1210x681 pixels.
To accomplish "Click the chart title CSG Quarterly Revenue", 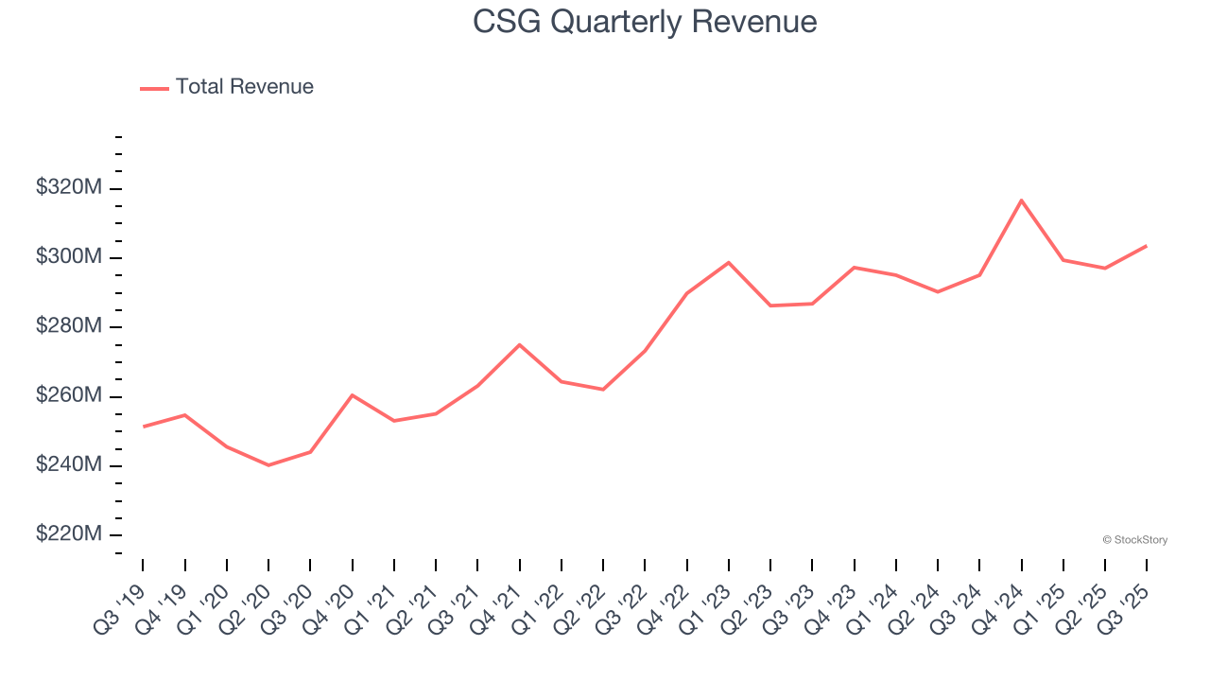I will pos(645,22).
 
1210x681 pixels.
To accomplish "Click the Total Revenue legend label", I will pos(244,87).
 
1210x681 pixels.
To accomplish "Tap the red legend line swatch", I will pos(155,88).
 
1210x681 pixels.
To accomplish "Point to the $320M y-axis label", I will pos(68,188).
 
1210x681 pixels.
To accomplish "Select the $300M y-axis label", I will pos(68,257).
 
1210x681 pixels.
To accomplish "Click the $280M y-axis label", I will pos(68,326).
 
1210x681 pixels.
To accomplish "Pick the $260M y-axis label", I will pos(68,395).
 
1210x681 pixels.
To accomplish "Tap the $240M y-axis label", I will pos(68,465).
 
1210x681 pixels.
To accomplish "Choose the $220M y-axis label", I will pos(68,534).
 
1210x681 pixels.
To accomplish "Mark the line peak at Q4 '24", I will pos(1022,201).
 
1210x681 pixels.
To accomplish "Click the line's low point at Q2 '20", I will pos(268,465).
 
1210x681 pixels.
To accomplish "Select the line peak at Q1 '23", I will pos(729,262).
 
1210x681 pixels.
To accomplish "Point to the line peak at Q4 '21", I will pos(519,344).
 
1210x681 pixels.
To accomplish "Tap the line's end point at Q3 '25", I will pos(1147,246).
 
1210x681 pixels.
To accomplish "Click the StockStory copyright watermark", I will pos(1134,540).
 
